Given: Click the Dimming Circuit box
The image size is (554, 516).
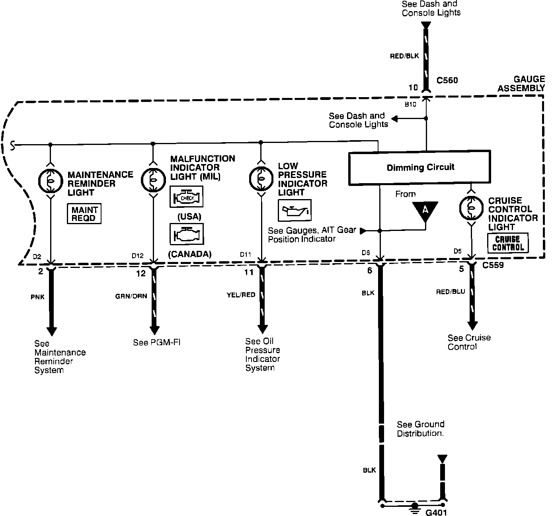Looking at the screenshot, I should [x=419, y=167].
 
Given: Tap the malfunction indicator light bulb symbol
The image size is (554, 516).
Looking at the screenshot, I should [x=153, y=179].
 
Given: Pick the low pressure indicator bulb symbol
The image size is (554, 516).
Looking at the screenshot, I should [x=261, y=179].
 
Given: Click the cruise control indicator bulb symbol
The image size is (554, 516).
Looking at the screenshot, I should [x=471, y=207].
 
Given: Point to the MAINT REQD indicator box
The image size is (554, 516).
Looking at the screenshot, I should [x=84, y=214].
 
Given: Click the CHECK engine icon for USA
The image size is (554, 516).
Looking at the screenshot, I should [x=186, y=197].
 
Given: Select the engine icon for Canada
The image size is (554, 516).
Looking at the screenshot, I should [x=186, y=234].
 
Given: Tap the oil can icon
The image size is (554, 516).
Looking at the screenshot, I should [x=294, y=210].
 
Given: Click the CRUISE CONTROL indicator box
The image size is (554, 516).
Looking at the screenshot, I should [x=508, y=243].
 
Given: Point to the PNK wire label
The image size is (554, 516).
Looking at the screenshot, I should [x=37, y=297].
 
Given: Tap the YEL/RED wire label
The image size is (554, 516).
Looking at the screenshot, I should [x=241, y=295].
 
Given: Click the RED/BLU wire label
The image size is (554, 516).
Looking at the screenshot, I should [x=451, y=292].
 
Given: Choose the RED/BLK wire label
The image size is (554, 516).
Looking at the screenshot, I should [x=404, y=56].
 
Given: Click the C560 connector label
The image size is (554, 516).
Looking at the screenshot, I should [x=447, y=80].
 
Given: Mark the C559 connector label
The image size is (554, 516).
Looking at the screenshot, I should [x=493, y=265].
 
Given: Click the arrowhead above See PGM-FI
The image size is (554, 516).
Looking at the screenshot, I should [x=154, y=331].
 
